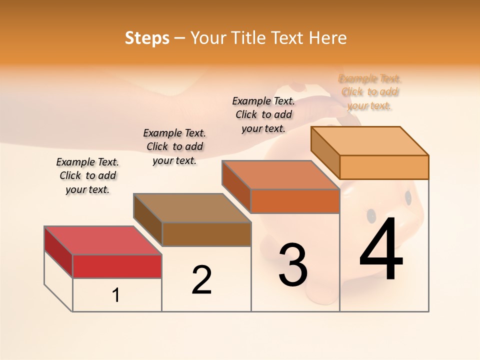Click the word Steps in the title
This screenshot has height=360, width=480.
click(147, 38)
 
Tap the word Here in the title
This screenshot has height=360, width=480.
click(327, 38)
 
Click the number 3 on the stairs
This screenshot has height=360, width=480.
click(293, 264)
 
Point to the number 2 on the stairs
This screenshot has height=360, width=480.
click(201, 279)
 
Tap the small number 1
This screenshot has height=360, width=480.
click(116, 295)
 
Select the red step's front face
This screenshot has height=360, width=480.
click(117, 266)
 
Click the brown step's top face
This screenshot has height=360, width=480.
click(192, 207)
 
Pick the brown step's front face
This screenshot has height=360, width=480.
click(206, 234)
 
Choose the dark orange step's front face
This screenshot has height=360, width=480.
click(295, 201)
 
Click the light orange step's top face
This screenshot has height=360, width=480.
click(369, 140)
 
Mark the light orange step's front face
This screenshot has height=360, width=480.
click(384, 167)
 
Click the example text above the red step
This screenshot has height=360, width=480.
click(87, 175)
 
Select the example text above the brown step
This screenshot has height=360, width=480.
click(174, 146)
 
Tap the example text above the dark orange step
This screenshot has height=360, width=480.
click(263, 114)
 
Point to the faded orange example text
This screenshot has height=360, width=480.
click(370, 92)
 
